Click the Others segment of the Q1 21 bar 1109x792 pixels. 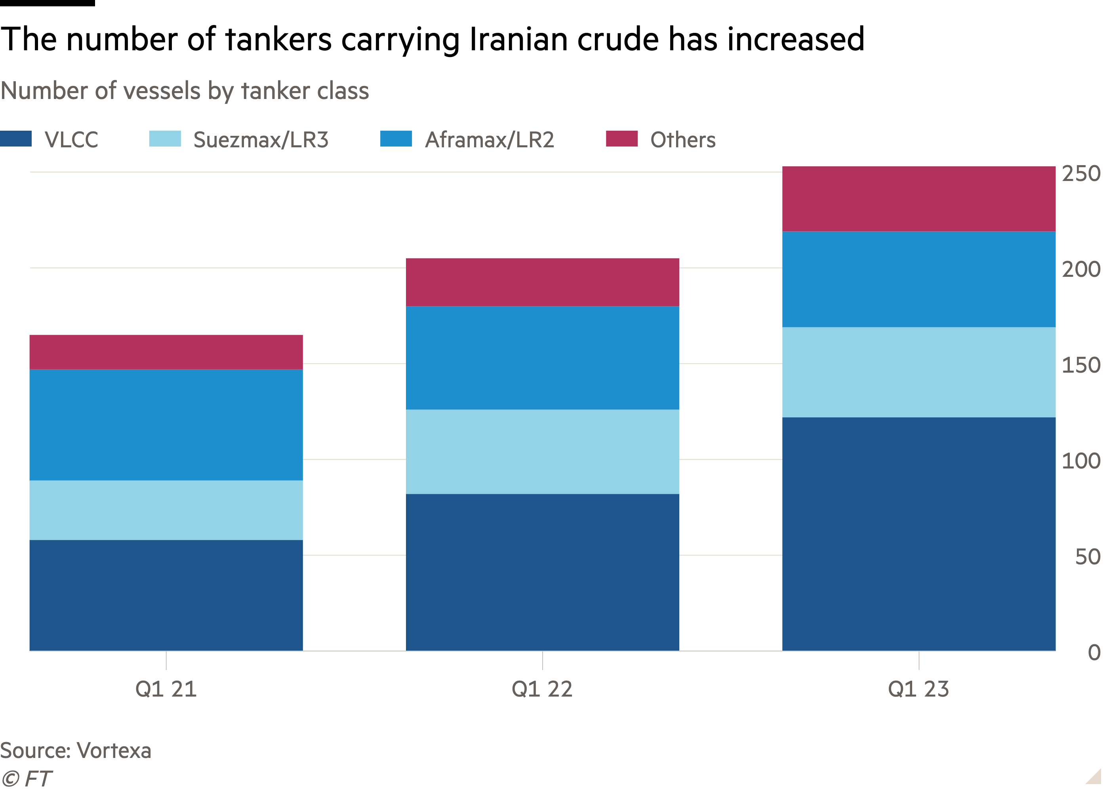[166, 352]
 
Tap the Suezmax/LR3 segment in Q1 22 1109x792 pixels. [542, 451]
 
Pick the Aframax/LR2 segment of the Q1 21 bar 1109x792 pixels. [166, 425]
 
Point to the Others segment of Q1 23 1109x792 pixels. [918, 199]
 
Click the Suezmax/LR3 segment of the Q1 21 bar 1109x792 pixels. [166, 510]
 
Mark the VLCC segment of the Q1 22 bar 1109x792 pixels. [542, 572]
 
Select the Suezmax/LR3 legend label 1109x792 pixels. [261, 140]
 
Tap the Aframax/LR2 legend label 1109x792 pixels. [489, 140]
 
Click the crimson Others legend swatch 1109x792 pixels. [621, 139]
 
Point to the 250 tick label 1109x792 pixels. [1081, 173]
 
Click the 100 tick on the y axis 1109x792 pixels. [1081, 461]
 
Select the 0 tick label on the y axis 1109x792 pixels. [1094, 653]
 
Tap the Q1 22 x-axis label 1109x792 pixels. [542, 689]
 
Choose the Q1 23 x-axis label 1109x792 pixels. [918, 689]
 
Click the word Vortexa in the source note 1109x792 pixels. [114, 750]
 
